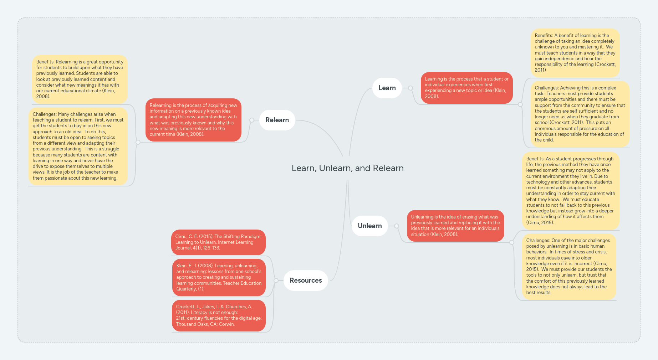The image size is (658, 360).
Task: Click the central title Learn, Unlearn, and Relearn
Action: pyautogui.click(x=347, y=168)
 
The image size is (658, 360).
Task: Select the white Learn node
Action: pyautogui.click(x=387, y=88)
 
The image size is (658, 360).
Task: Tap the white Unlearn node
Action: pyautogui.click(x=369, y=226)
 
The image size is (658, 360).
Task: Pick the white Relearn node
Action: pyautogui.click(x=277, y=120)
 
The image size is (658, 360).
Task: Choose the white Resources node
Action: pyautogui.click(x=306, y=281)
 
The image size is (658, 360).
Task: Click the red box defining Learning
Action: pyautogui.click(x=466, y=88)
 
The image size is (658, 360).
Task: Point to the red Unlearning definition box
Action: pyautogui.click(x=455, y=226)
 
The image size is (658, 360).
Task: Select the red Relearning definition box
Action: pyautogui.click(x=193, y=120)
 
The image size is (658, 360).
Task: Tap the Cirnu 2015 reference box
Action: pyautogui.click(x=218, y=242)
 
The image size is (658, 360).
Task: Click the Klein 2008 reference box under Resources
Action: pyautogui.click(x=219, y=277)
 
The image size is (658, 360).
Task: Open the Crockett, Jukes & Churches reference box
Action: pyautogui.click(x=219, y=315)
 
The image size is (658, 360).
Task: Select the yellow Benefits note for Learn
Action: pyautogui.click(x=575, y=53)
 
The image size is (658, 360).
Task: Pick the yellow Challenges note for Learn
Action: pyautogui.click(x=580, y=114)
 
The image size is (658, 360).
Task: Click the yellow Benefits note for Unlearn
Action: pyautogui.click(x=571, y=191)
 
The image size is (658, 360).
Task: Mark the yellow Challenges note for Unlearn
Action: pyautogui.click(x=569, y=267)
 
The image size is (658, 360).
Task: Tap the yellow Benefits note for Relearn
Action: pyautogui.click(x=80, y=79)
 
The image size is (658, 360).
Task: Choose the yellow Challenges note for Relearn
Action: pyautogui.click(x=78, y=146)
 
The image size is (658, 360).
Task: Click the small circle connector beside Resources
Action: pyautogui.click(x=276, y=281)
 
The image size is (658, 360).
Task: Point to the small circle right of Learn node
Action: pyautogui.click(x=410, y=88)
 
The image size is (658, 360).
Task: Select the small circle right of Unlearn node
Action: pyautogui.click(x=397, y=226)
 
